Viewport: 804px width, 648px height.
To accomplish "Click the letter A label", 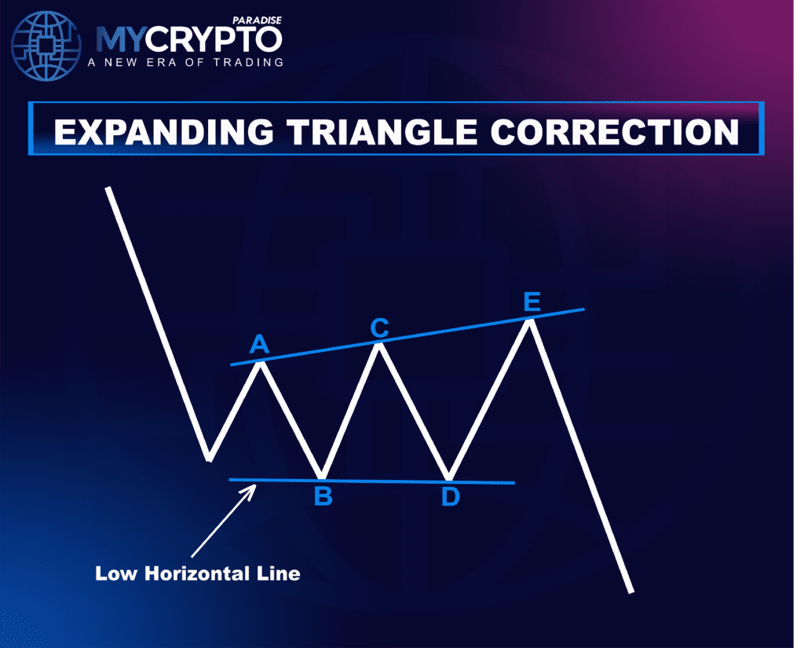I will [x=259, y=344].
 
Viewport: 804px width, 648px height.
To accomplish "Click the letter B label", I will [x=323, y=496].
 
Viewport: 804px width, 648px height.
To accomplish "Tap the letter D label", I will [x=450, y=497].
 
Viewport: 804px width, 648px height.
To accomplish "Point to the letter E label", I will [x=532, y=302].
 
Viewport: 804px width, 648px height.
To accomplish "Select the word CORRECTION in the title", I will [x=615, y=132].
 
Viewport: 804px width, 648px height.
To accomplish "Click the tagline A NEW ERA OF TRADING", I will [x=189, y=61].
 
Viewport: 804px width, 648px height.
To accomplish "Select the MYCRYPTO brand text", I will [x=188, y=40].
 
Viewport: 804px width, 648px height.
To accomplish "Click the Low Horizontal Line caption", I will [x=198, y=573].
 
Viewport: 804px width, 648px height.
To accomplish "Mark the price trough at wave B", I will [x=321, y=477].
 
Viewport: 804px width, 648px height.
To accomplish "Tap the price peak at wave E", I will [x=532, y=320].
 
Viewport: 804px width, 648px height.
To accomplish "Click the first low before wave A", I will [x=208, y=459].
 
